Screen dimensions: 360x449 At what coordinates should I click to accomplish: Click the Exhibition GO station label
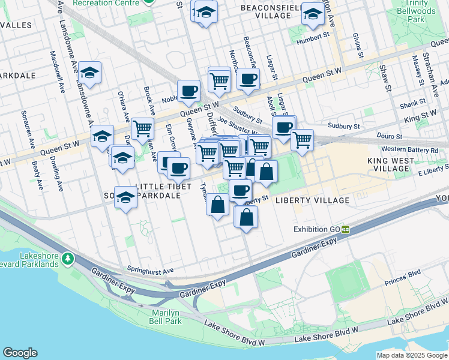tap(316, 229)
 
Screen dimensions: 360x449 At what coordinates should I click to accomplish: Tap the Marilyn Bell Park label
tap(165, 317)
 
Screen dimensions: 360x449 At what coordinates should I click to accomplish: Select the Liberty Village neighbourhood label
tap(312, 200)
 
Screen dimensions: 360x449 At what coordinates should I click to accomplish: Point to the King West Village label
tap(390, 165)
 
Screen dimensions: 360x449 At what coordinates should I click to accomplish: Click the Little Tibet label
tap(159, 187)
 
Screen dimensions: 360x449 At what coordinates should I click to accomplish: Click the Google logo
tap(20, 353)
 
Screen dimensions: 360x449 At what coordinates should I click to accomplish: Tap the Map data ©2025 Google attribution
tap(411, 355)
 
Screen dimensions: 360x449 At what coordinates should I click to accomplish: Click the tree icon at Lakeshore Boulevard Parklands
tap(69, 259)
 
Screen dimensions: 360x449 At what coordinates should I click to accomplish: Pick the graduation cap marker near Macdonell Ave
tap(89, 73)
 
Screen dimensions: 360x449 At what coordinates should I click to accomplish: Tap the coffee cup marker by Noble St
tap(188, 91)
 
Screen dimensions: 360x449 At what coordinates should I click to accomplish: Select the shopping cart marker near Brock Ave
tap(143, 128)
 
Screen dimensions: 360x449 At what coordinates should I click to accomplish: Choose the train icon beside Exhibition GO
tap(346, 229)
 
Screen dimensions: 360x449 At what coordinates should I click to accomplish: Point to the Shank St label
tap(412, 105)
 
